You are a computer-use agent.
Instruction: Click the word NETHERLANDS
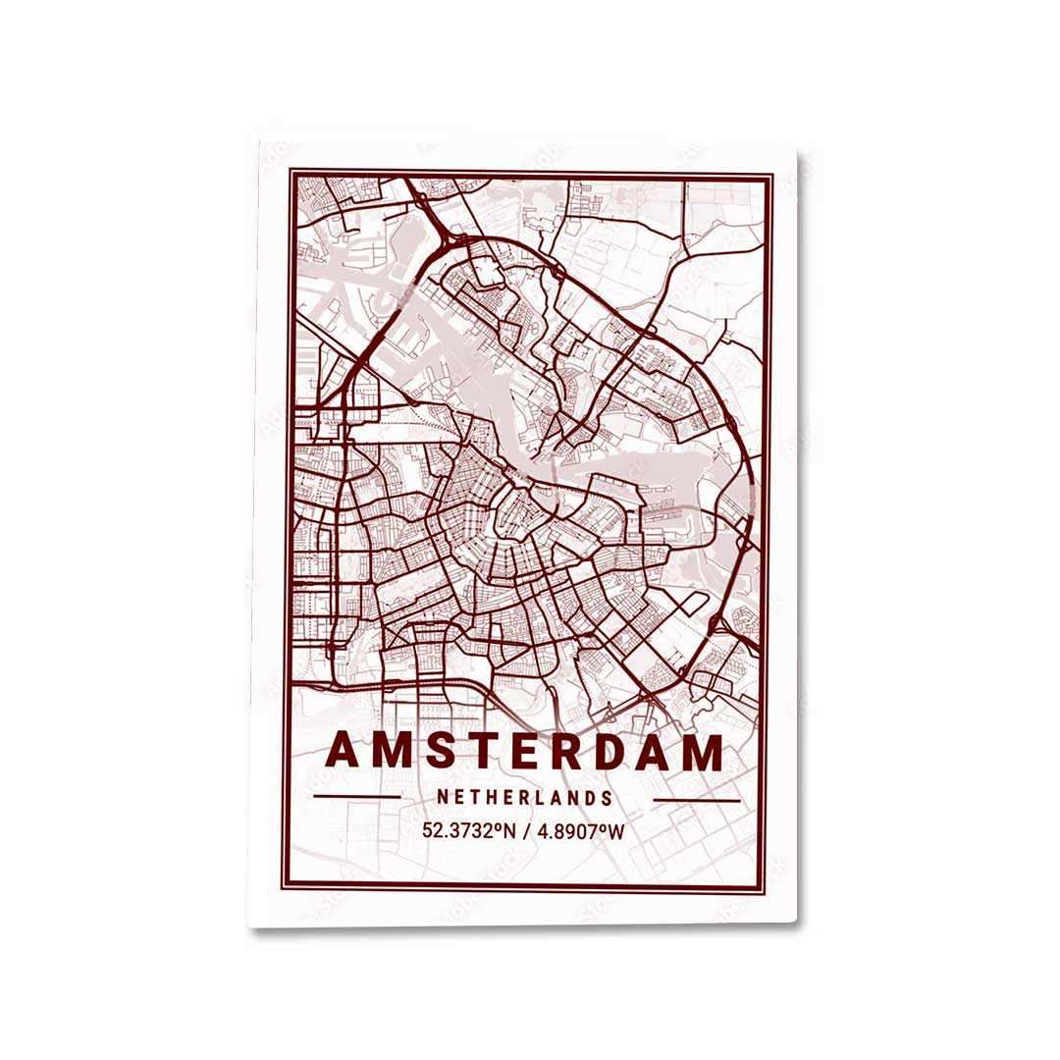(525, 799)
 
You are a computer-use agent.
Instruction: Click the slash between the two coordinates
(526, 831)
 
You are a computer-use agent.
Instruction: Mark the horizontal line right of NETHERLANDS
(696, 800)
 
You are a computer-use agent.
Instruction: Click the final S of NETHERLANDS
(608, 799)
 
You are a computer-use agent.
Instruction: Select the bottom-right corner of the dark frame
(771, 888)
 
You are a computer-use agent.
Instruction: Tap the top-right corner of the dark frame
(772, 177)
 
